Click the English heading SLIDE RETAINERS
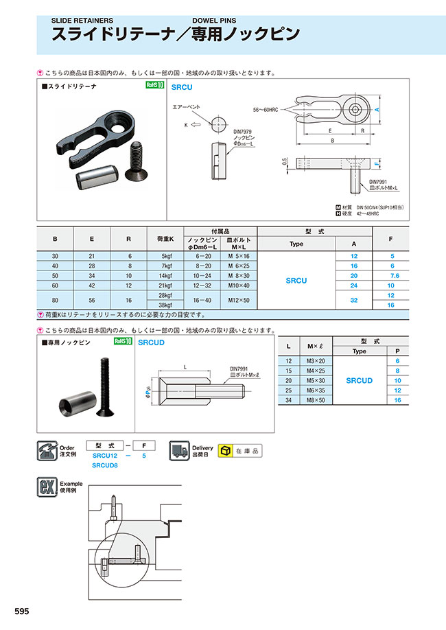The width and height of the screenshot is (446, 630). [82, 21]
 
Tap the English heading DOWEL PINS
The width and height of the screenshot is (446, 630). [215, 21]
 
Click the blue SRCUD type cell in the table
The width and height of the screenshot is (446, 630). [359, 380]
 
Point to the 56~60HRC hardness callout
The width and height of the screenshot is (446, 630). [267, 110]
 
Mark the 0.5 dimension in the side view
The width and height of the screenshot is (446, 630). [285, 162]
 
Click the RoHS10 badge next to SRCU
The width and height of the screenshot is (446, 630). [155, 86]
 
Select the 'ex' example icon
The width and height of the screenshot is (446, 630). [45, 489]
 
